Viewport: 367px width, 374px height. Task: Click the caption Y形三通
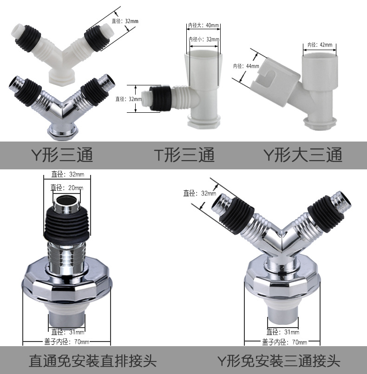pos(62,155)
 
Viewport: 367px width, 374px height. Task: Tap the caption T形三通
pos(184,155)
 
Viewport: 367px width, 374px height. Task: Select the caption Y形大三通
pos(303,155)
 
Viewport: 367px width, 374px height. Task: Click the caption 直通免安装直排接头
pos(92,361)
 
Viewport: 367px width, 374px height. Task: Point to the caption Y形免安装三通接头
pos(278,361)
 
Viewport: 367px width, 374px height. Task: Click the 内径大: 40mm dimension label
pos(203,25)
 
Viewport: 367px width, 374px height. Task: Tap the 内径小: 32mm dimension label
pos(204,39)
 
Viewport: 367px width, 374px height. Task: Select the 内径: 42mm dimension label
pos(320,45)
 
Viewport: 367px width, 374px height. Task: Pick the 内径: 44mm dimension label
pos(246,66)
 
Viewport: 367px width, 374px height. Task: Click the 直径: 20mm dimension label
pos(67,188)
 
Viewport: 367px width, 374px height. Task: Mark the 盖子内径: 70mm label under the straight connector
pos(66,342)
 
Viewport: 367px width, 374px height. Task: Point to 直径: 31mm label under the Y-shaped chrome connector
pos(283,332)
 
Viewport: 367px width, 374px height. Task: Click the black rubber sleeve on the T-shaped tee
pos(160,98)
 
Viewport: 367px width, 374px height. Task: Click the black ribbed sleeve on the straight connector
pos(67,226)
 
